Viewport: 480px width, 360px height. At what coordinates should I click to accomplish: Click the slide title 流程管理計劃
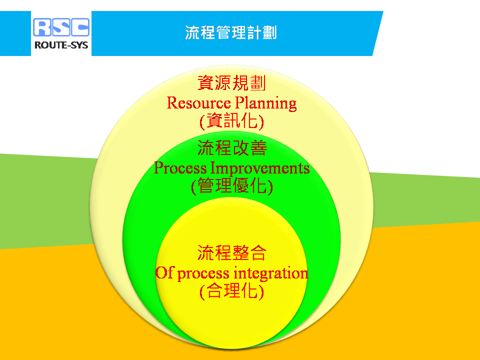click(231, 32)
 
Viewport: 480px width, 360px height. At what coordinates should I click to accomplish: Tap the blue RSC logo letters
click(61, 27)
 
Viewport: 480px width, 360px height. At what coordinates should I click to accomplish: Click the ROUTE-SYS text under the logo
click(61, 45)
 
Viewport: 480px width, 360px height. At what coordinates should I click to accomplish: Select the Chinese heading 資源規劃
click(231, 83)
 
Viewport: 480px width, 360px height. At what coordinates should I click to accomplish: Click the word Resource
click(198, 103)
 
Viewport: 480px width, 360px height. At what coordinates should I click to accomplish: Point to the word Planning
click(266, 103)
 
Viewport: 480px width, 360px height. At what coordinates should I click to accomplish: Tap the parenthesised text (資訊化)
click(231, 121)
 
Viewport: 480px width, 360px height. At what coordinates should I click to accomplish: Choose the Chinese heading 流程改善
click(231, 148)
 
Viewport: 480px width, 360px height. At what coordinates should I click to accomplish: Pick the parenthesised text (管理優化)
click(231, 186)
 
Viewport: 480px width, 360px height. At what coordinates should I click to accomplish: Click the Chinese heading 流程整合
click(231, 253)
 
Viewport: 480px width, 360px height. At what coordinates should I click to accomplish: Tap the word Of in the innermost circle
click(164, 272)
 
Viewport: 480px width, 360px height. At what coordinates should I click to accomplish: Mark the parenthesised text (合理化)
click(231, 291)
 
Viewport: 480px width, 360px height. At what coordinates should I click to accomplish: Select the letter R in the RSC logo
click(42, 27)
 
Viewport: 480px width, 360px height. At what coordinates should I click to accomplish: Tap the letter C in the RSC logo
click(80, 27)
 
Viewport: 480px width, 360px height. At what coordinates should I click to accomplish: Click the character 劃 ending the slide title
click(269, 32)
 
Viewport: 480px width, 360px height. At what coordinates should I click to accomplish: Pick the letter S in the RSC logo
click(61, 27)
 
